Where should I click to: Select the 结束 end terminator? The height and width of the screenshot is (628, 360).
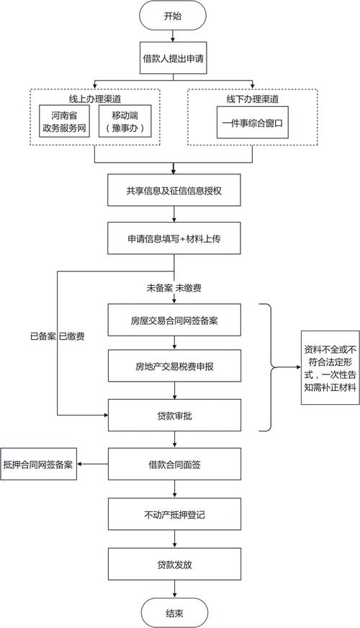[x=174, y=612]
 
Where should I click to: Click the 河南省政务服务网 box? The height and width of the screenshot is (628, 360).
[x=63, y=123]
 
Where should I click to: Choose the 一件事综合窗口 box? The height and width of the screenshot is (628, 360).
[x=253, y=123]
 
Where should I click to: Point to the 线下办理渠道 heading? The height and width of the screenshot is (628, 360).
[x=253, y=99]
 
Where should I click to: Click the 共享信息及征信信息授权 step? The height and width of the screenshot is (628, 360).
[x=174, y=192]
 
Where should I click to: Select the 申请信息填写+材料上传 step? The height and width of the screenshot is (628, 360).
[x=174, y=238]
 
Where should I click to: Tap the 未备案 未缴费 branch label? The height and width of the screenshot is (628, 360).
[x=174, y=288]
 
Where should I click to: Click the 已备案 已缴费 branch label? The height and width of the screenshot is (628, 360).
[x=57, y=336]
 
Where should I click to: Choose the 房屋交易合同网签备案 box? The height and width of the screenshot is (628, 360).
[x=174, y=320]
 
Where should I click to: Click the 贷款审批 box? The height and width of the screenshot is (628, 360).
[x=174, y=416]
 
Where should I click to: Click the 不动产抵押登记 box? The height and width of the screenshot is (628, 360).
[x=174, y=516]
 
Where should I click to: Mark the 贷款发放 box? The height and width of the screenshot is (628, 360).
[x=174, y=565]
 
